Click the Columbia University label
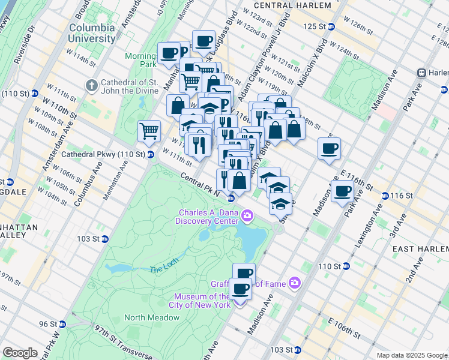[x=92, y=33]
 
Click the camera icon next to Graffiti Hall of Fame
[x=294, y=283]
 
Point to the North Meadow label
[x=148, y=317]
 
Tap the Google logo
[x=20, y=353]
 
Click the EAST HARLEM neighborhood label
[x=420, y=248]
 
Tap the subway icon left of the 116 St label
[x=385, y=196]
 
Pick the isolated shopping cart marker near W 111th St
[x=149, y=130]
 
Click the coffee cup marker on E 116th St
[x=343, y=192]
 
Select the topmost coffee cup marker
[x=204, y=41]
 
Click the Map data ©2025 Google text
[x=411, y=355]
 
